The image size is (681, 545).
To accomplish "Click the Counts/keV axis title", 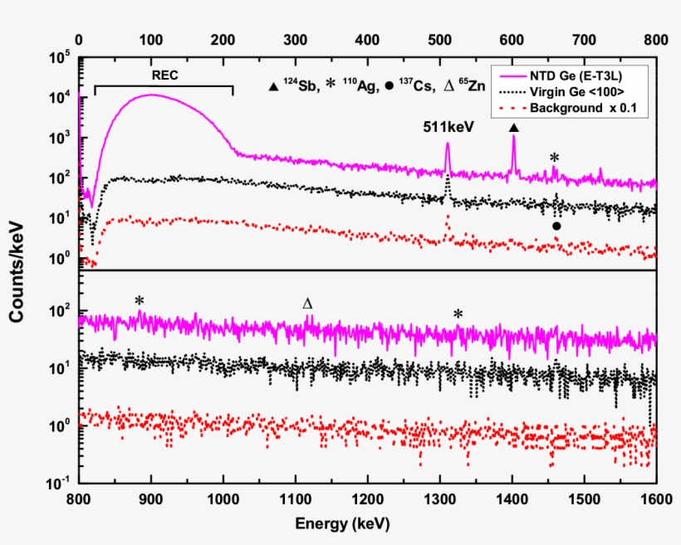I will click(x=17, y=270).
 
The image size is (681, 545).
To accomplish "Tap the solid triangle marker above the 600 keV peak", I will click(x=513, y=128).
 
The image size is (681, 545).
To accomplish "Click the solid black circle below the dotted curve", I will click(x=556, y=226).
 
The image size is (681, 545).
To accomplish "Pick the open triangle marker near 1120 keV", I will click(x=308, y=304).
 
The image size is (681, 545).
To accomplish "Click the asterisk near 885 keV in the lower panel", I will click(x=140, y=300).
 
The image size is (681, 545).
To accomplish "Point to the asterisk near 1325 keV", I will click(x=458, y=313).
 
